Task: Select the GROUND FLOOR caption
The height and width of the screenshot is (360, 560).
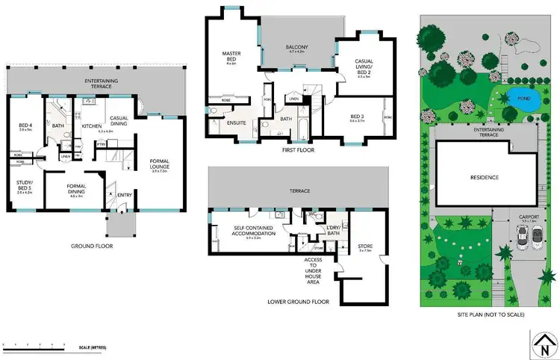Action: pos(92,245)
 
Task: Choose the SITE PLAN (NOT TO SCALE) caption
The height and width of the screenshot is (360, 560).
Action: pos(490,315)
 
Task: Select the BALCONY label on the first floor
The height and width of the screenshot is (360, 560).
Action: pos(297,48)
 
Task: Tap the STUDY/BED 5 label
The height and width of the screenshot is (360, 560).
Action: pos(25,184)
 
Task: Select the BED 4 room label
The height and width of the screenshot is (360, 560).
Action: pos(25,125)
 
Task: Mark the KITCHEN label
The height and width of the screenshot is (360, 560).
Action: pos(91,126)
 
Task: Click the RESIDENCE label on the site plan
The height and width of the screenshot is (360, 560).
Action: pos(484,177)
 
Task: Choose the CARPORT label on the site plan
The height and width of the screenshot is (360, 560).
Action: pos(529,217)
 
